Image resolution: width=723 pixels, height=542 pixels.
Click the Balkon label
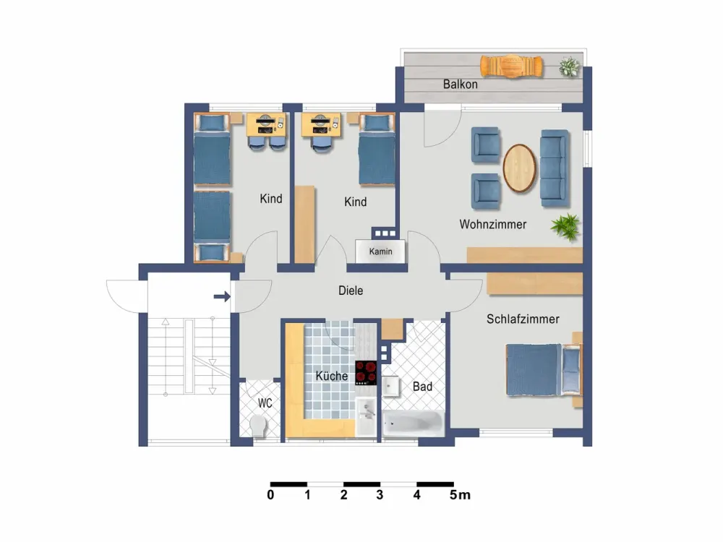point(460,85)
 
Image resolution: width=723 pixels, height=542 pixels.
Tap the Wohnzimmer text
point(493,225)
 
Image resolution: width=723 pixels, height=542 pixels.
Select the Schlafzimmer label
point(523,319)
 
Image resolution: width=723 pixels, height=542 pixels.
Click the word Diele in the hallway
point(351,291)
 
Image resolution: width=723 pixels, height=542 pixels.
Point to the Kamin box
point(380,251)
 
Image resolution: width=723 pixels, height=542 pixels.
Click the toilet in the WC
point(258,426)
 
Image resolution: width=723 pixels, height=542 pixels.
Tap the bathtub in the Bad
point(413,423)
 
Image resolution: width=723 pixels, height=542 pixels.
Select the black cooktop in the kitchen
point(366,373)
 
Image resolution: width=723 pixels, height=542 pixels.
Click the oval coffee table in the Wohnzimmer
point(520,168)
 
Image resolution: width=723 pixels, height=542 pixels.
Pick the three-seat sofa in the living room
point(555,168)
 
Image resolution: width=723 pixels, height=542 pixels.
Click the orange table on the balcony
point(511,66)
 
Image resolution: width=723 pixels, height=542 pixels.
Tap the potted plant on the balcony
point(570,66)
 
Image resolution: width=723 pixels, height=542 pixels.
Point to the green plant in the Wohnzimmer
point(566,227)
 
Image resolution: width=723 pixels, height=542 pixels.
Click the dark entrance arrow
point(222,296)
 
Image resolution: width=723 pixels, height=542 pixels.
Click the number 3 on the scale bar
point(380,495)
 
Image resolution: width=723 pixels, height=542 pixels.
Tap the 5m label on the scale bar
point(460,495)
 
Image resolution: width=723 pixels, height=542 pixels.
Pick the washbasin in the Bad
point(391,386)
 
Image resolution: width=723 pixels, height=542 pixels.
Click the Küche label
point(332,376)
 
